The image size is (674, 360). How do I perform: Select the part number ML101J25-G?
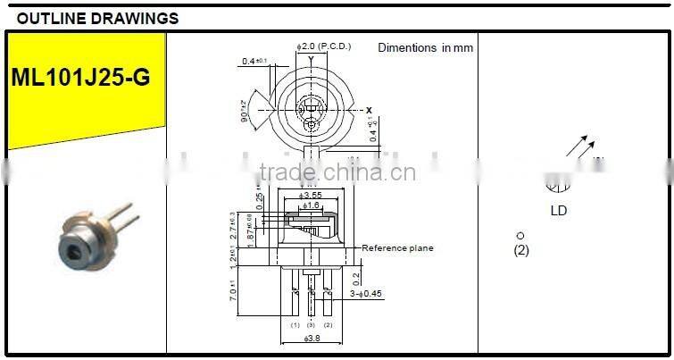point(80,78)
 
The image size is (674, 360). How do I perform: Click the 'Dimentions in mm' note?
point(425,48)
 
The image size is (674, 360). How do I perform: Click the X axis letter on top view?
point(368,110)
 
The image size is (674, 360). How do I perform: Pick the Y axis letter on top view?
point(311,60)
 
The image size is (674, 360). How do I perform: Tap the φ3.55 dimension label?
point(312,195)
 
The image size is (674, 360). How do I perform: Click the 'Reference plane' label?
point(397,248)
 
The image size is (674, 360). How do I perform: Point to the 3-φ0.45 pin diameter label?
point(366,293)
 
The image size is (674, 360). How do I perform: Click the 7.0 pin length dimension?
point(233,290)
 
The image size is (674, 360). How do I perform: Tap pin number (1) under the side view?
point(295,325)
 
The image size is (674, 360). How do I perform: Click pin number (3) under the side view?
point(311,325)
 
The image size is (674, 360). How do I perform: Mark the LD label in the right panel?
point(558,212)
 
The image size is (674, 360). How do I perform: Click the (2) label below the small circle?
point(521,250)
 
